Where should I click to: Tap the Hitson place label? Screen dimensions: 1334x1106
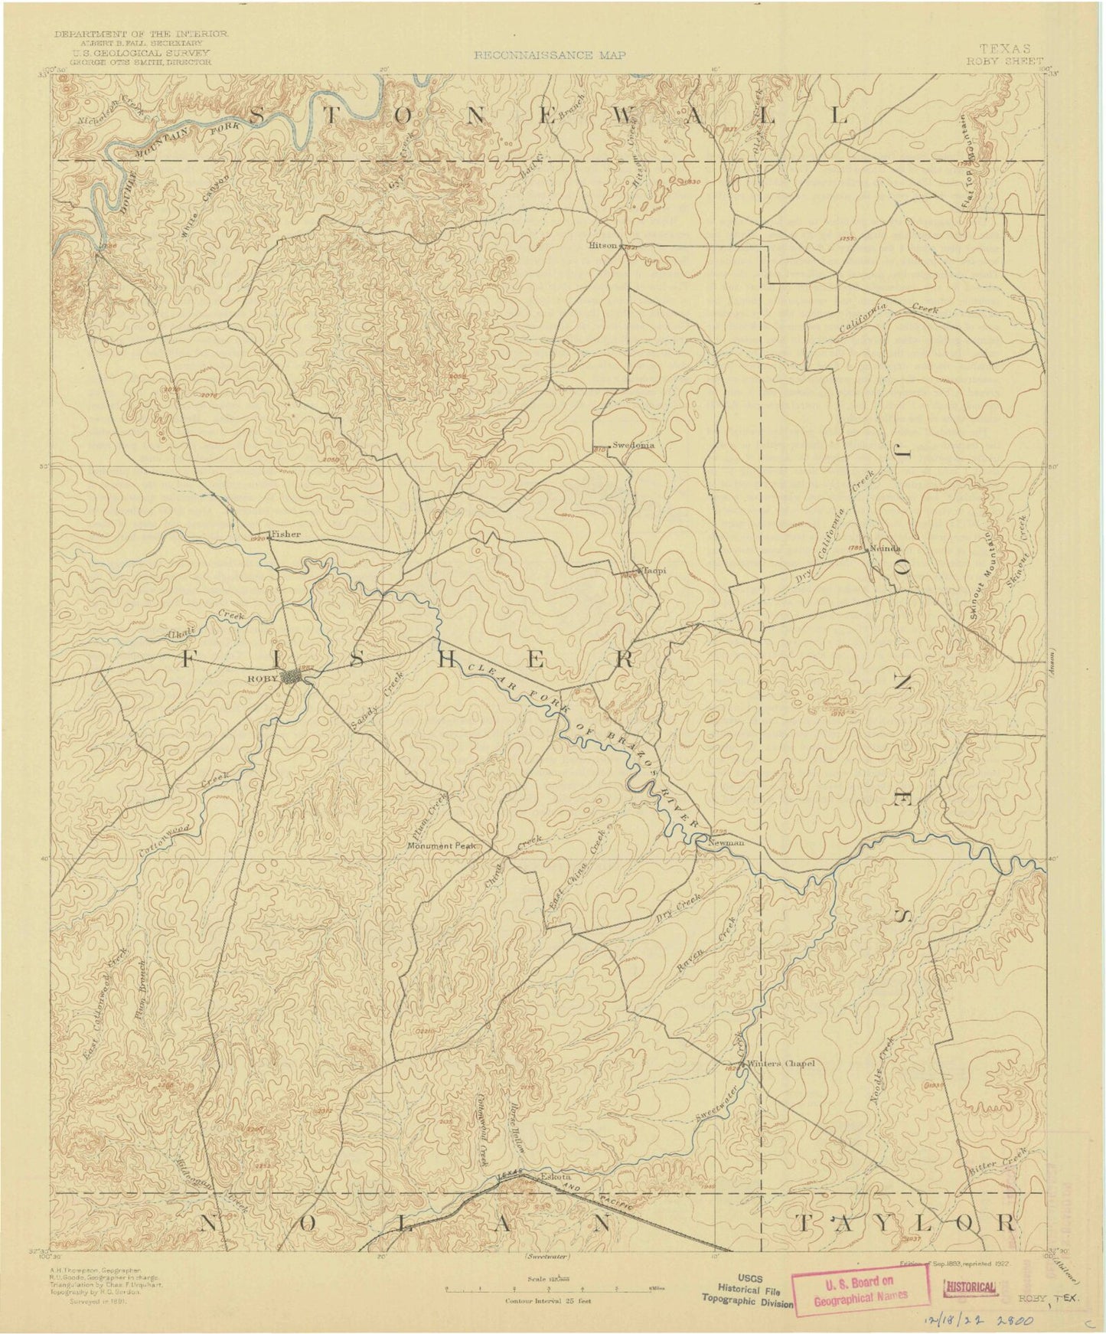(602, 247)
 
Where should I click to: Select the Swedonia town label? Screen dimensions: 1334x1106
(633, 445)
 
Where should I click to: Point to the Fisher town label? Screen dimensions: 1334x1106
(285, 534)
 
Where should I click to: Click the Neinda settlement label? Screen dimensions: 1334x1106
(886, 548)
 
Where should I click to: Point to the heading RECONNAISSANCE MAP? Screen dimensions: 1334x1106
(550, 55)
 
